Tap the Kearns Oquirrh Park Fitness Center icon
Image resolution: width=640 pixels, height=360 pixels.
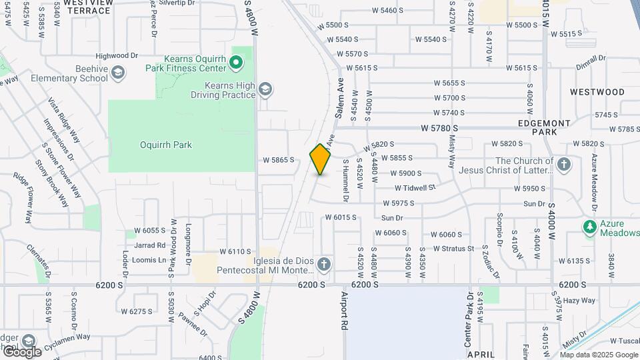click(235, 63)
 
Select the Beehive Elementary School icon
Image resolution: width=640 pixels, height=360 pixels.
click(118, 73)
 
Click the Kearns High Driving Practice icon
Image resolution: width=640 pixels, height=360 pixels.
click(265, 89)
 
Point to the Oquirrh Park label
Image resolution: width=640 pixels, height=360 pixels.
click(166, 145)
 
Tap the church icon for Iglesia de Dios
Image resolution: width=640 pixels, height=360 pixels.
click(324, 265)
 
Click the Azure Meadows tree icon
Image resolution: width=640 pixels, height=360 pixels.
click(589, 227)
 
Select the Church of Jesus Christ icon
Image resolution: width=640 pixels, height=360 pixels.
click(564, 164)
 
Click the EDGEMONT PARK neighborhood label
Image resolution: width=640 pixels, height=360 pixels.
click(545, 127)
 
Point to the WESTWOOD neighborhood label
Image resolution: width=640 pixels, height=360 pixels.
click(597, 92)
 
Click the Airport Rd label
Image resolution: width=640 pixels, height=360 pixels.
click(345, 310)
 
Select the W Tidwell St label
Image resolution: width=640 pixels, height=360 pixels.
click(415, 188)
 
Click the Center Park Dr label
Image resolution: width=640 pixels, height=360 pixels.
click(469, 319)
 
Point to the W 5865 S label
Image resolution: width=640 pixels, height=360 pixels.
click(279, 160)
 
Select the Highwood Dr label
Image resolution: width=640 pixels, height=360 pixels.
click(117, 56)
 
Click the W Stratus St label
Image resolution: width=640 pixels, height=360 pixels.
click(453, 249)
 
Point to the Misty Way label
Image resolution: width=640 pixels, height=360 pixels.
click(453, 151)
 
